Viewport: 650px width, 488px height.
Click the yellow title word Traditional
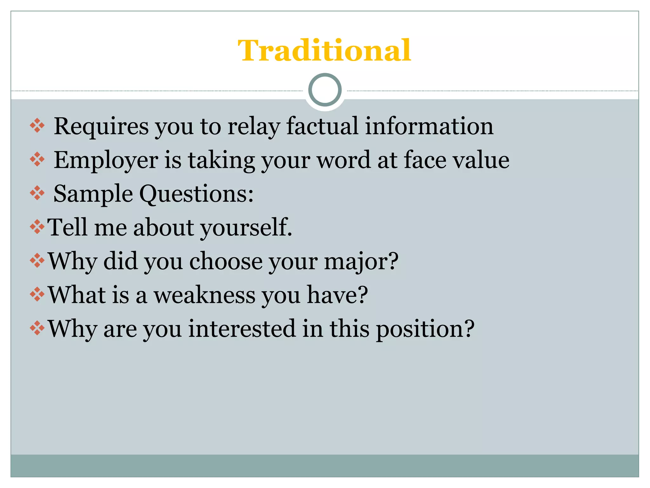pyautogui.click(x=324, y=51)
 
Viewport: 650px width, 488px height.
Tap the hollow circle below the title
pyautogui.click(x=325, y=90)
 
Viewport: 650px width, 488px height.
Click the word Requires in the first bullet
pyautogui.click(x=101, y=126)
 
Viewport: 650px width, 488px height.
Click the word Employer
pyautogui.click(x=106, y=160)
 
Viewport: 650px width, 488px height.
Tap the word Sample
pyautogui.click(x=93, y=194)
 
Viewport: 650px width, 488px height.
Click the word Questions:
pyautogui.click(x=196, y=194)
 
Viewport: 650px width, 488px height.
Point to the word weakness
pyautogui.click(x=205, y=295)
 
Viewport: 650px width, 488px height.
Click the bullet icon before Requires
pyautogui.click(x=37, y=126)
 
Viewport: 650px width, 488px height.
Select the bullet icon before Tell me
pyautogui.click(x=37, y=227)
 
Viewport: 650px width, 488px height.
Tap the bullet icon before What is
pyautogui.click(x=37, y=295)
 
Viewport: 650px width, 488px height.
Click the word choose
pyautogui.click(x=226, y=261)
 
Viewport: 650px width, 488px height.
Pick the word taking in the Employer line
pyautogui.click(x=222, y=160)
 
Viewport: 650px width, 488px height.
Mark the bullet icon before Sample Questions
pyautogui.click(x=37, y=193)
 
